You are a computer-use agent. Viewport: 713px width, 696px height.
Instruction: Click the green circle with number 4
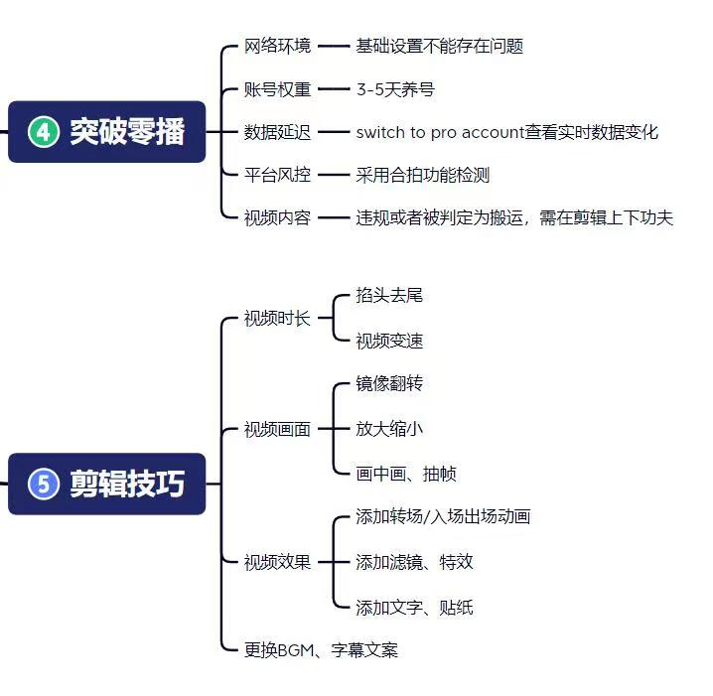tap(44, 132)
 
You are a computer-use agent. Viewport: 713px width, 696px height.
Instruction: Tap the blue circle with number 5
tap(44, 484)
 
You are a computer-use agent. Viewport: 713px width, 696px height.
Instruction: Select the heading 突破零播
tap(127, 132)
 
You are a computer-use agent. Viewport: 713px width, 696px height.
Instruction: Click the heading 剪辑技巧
tap(127, 484)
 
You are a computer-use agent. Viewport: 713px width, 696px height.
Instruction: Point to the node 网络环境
tap(277, 46)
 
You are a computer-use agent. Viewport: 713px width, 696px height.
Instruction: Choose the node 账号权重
tap(277, 89)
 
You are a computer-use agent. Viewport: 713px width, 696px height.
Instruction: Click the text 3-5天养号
tap(395, 89)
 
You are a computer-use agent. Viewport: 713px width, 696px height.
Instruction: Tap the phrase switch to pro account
tap(440, 132)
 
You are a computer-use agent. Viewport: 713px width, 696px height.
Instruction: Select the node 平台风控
tap(277, 175)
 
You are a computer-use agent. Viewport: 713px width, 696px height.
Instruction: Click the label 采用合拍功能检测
tap(423, 175)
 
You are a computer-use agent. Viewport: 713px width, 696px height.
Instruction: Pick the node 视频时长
tap(277, 318)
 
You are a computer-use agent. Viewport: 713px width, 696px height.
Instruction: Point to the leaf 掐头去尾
tap(389, 295)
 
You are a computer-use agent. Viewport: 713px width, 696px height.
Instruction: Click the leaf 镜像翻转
tap(389, 383)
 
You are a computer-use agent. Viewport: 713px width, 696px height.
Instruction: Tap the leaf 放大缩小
tap(389, 428)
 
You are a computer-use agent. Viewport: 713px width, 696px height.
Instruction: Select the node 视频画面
tap(277, 429)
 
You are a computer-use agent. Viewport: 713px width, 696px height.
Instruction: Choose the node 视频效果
tap(277, 562)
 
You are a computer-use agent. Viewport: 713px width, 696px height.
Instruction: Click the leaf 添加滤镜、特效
tap(415, 562)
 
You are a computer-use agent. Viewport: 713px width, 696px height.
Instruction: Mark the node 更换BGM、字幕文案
tap(321, 650)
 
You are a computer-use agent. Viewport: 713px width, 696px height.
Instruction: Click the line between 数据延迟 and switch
tap(334, 132)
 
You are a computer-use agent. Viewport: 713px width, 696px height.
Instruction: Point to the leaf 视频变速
tap(389, 341)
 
